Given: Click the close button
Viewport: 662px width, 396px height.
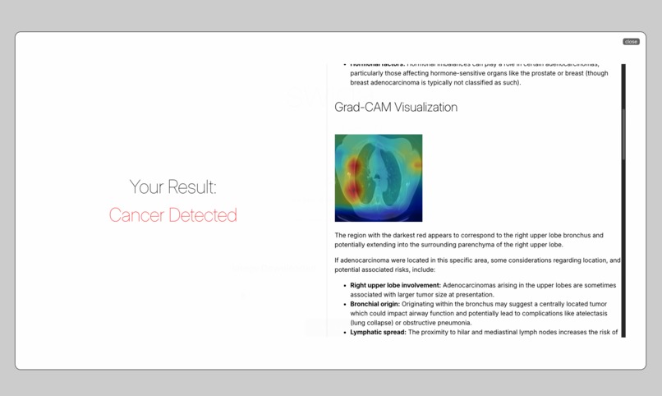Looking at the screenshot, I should coord(631,41).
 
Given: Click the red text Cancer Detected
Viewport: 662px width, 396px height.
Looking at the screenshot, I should coord(173,215).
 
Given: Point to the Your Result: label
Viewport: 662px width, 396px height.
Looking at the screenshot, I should coord(173,187).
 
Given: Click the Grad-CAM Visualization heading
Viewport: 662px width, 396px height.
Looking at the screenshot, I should coord(396,108).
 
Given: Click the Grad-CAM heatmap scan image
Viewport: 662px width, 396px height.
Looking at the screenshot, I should coord(379,178).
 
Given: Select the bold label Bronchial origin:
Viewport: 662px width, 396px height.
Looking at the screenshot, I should coord(375,304).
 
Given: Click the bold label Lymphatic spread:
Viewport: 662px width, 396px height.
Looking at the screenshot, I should coord(378,332).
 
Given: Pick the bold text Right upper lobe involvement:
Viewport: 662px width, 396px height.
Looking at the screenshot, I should coord(395,285).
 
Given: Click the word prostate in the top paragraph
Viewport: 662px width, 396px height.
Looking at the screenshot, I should coord(523,73).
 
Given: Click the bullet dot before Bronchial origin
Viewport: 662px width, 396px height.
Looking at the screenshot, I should coord(344,304).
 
